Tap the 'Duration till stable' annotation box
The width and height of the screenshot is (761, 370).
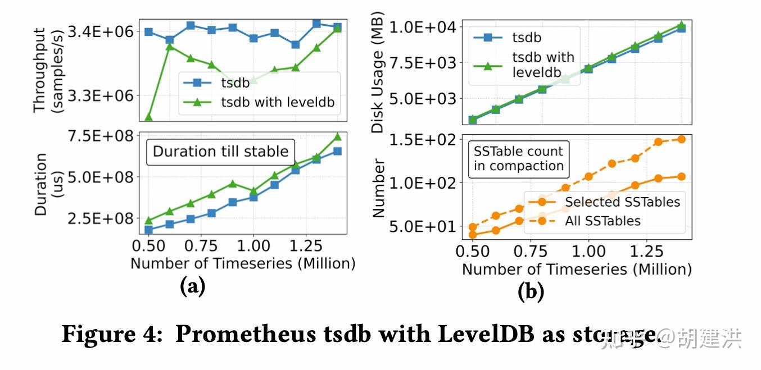[x=220, y=152]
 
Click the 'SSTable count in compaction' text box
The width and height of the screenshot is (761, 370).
[x=518, y=159]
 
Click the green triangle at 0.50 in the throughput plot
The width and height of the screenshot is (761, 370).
[x=149, y=117]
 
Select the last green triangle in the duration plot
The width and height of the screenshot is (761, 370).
[x=337, y=136]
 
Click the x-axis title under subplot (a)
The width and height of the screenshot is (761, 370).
[x=243, y=263]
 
